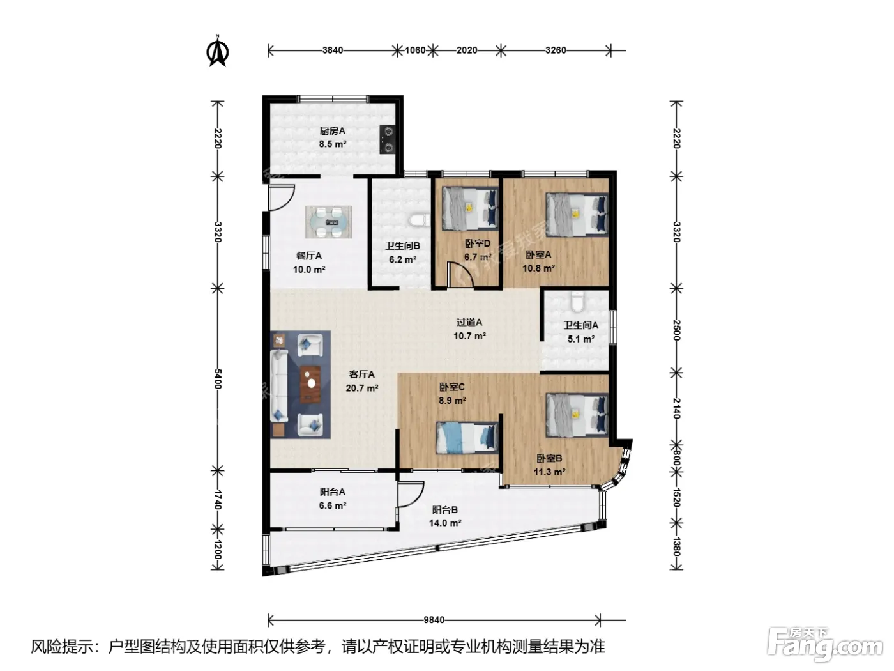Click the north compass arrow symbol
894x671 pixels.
(218, 50)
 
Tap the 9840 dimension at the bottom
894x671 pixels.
(434, 620)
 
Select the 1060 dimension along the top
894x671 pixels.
(415, 50)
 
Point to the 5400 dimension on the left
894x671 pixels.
(218, 378)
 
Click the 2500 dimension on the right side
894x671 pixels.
(676, 330)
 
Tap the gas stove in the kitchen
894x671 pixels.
(388, 139)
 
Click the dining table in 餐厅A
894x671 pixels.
(329, 222)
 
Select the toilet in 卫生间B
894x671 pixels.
(420, 220)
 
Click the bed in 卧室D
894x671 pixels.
(470, 208)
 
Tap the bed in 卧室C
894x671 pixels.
(467, 438)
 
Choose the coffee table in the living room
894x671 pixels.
(311, 383)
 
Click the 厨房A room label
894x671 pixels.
(332, 131)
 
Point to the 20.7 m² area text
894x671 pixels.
(361, 388)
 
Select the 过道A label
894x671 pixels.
(469, 322)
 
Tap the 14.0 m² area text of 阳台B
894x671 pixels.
(444, 523)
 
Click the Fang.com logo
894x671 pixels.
(825, 645)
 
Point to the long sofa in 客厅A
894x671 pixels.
(279, 385)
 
